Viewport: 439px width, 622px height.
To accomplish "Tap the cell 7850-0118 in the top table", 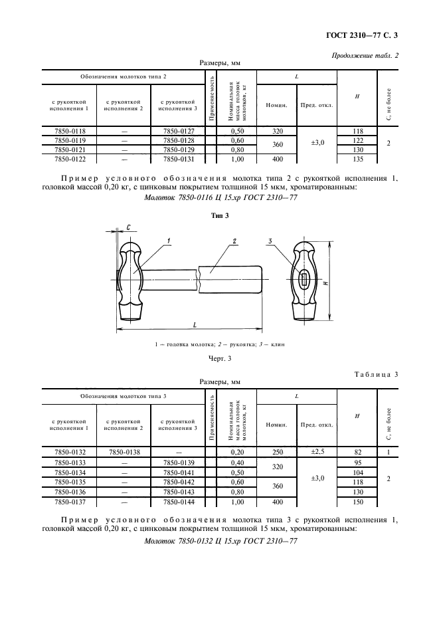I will (x=69, y=131).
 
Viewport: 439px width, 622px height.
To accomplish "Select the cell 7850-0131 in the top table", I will (x=177, y=159).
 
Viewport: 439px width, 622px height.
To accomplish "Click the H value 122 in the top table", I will (x=357, y=140).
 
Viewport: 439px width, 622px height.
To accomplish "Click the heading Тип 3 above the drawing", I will (x=219, y=215).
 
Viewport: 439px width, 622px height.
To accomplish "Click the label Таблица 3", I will (x=376, y=374).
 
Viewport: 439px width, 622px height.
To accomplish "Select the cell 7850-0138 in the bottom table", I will (x=124, y=452).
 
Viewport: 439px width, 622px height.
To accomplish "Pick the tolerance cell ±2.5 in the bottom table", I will (x=316, y=452).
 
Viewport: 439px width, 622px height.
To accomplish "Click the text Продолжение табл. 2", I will (x=365, y=56).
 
